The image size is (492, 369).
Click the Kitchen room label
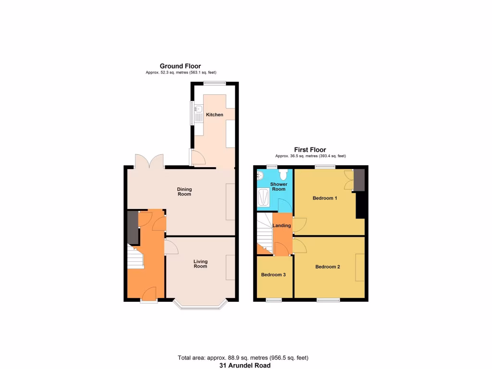pyautogui.click(x=214, y=115)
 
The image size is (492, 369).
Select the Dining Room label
pyautogui.click(x=184, y=192)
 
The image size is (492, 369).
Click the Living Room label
pyautogui.click(x=200, y=264)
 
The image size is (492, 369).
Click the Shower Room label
pyautogui.click(x=278, y=186)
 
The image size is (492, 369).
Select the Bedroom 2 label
pyautogui.click(x=328, y=267)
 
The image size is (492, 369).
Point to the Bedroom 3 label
pyautogui.click(x=273, y=275)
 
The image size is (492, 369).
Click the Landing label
pyautogui.click(x=281, y=225)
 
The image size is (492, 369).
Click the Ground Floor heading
pyautogui.click(x=180, y=66)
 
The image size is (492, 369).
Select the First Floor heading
pyautogui.click(x=310, y=150)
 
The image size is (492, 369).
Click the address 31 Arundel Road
pyautogui.click(x=243, y=365)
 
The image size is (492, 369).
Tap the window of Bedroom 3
pyautogui.click(x=274, y=300)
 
